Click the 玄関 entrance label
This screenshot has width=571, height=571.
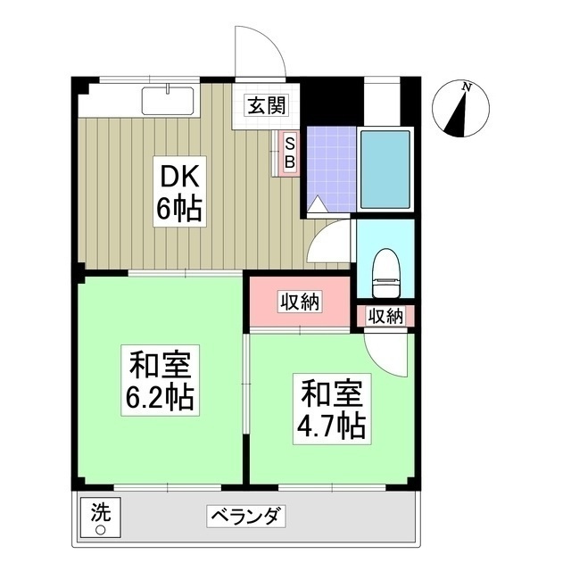(x=267, y=105)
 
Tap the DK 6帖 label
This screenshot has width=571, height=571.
(x=179, y=192)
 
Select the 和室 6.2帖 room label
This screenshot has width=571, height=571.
(x=161, y=380)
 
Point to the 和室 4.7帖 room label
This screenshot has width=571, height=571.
(x=332, y=409)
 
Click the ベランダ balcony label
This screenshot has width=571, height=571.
(x=246, y=516)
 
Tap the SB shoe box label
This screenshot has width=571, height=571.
(x=289, y=153)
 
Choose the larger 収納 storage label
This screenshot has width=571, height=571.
(x=300, y=302)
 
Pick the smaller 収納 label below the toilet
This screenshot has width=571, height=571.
(x=385, y=316)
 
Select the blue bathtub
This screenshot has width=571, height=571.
(x=385, y=169)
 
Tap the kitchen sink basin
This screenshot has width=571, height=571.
(x=168, y=101)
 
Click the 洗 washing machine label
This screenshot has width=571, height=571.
(x=101, y=513)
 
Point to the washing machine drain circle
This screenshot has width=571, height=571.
(x=101, y=530)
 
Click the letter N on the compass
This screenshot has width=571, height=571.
(x=466, y=87)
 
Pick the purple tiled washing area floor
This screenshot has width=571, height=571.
(x=331, y=169)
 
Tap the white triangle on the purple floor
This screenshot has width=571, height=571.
(x=318, y=204)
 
